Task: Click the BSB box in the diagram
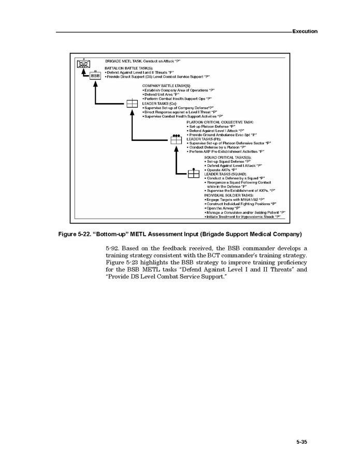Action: [x=95, y=76]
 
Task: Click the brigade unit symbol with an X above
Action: [x=83, y=65]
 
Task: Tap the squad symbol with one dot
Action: [x=193, y=174]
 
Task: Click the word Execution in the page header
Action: [x=305, y=31]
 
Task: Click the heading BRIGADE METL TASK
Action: [x=127, y=61]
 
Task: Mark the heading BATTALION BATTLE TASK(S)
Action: [x=128, y=68]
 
